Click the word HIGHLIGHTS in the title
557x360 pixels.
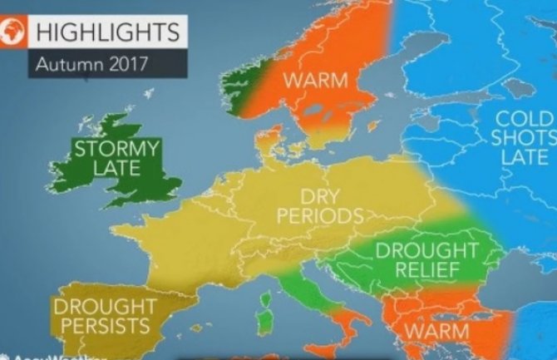coord(105,33)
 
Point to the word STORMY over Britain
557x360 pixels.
coord(116,150)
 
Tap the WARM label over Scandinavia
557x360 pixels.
coord(313,81)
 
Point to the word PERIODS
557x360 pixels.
coord(323,217)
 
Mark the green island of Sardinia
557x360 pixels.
coord(265,318)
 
